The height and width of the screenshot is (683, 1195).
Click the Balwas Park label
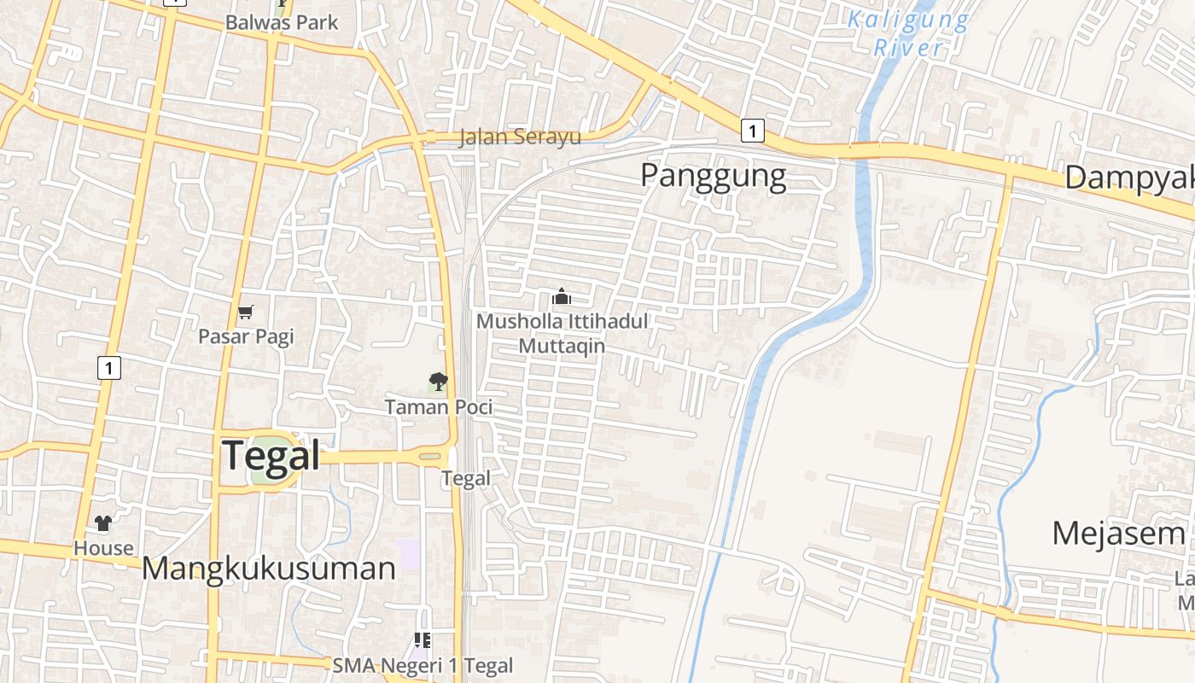click(282, 23)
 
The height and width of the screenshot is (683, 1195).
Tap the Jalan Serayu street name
click(520, 137)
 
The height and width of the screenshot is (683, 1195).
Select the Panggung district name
click(713, 176)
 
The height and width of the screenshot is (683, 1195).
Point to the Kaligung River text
click(909, 33)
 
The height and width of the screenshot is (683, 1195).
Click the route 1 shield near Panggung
click(751, 131)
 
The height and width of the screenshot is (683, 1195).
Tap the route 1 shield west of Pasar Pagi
click(108, 368)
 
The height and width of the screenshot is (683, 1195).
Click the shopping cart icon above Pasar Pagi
click(246, 312)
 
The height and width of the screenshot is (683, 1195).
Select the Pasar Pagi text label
click(246, 336)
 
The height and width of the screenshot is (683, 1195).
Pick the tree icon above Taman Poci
click(438, 382)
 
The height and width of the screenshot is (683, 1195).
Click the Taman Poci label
click(439, 407)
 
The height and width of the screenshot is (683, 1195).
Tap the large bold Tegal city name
click(271, 455)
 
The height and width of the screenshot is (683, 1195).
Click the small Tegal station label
click(466, 479)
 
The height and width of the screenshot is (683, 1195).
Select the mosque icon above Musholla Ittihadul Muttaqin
click(561, 297)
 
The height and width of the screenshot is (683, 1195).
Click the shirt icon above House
click(103, 523)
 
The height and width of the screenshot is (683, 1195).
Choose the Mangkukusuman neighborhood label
click(268, 569)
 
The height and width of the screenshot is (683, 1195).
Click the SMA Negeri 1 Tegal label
click(423, 666)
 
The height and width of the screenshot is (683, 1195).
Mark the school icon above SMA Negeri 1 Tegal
click(422, 639)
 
